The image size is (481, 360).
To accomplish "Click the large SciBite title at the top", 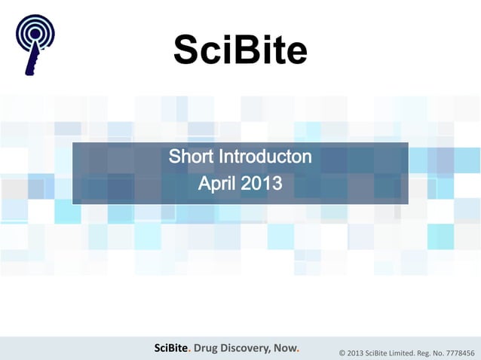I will [240, 50].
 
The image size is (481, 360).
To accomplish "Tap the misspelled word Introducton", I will [265, 158].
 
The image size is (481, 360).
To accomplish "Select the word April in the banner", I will [219, 183].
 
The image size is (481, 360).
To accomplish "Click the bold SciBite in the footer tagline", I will [171, 347].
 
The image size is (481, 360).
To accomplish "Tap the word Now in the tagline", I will [288, 347].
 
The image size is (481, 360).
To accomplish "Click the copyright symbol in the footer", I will [342, 352].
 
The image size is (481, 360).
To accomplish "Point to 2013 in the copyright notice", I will [356, 352].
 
